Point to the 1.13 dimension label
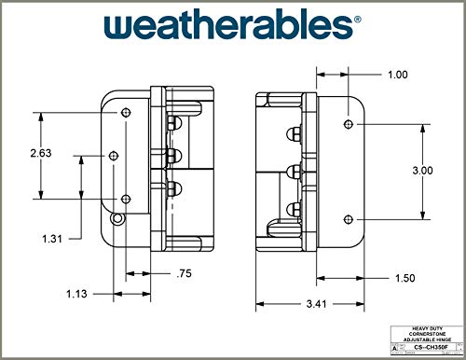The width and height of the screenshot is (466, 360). tap(78, 295)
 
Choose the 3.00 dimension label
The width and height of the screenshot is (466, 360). tap(422, 171)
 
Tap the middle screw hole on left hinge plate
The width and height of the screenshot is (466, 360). tap(115, 156)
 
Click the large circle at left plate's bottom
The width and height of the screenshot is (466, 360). tap(116, 218)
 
